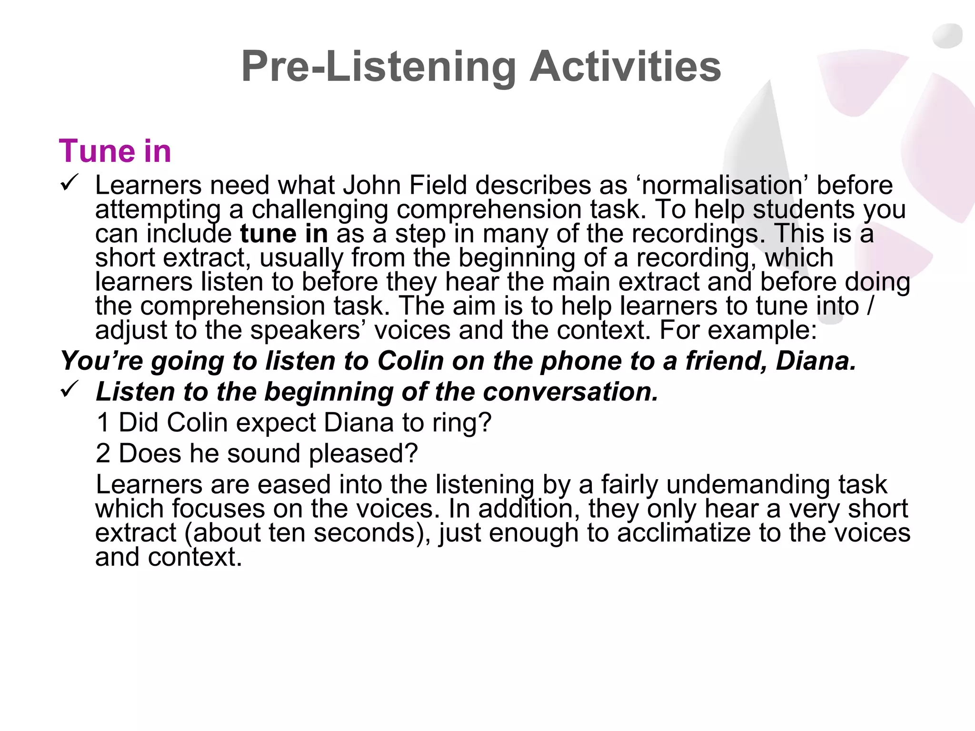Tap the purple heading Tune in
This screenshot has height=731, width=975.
point(115,151)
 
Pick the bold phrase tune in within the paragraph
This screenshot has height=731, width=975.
point(284,233)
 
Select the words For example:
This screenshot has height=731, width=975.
point(738,330)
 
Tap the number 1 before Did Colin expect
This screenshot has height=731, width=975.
point(103,422)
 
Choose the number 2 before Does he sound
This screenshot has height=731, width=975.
point(103,453)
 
